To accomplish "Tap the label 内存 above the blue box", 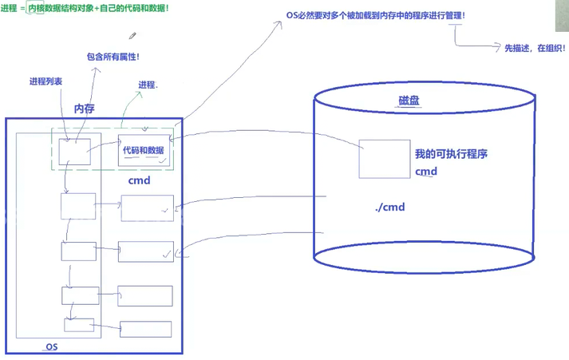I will coord(85,109).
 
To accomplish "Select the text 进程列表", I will coord(45,81).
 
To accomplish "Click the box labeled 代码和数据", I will coord(144,150).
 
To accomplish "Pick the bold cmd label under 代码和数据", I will coord(140,180).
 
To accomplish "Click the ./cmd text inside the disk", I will coord(390,208).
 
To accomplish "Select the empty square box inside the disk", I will coord(384,159).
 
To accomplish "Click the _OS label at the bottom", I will coord(50,347).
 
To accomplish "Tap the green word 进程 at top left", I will coord(10,7).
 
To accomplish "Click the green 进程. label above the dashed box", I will coord(148,85).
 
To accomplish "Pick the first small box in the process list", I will coord(74,151).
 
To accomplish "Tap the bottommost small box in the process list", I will coord(79,326).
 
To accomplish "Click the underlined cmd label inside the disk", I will coord(426,172).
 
